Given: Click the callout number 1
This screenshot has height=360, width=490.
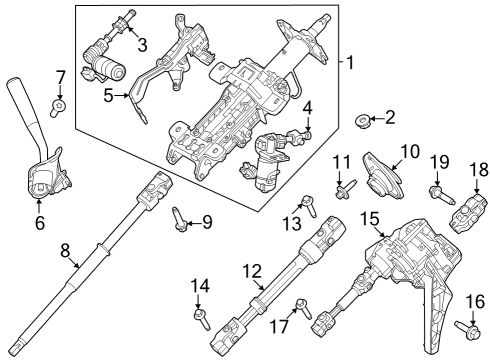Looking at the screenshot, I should (x=349, y=63).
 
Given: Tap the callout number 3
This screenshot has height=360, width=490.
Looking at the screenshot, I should (x=142, y=44).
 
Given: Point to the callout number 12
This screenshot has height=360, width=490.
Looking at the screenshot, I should (x=253, y=270).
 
